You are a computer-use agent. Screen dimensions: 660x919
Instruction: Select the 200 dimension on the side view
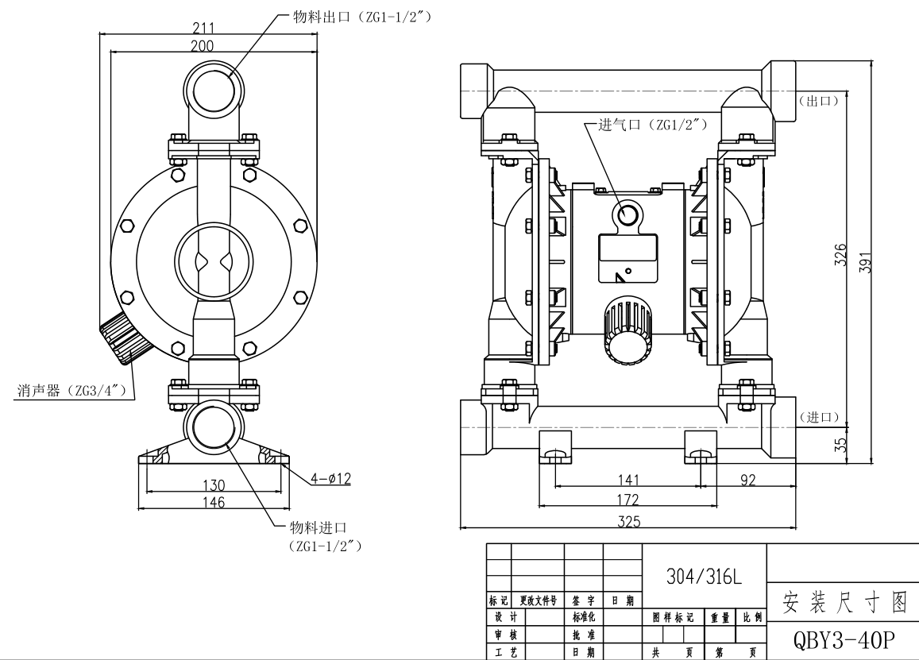coord(202,46)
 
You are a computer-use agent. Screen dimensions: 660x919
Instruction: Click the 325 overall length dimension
coord(628,521)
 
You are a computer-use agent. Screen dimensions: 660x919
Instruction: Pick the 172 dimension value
coord(627,500)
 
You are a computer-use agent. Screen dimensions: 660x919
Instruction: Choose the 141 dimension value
coord(627,479)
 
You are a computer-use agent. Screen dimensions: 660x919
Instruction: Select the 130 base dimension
coord(214,484)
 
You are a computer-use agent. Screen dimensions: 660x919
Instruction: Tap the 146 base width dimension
coord(214,502)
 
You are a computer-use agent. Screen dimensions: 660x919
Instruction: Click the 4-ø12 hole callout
coord(330,479)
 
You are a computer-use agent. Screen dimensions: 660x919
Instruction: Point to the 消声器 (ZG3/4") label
coord(70,391)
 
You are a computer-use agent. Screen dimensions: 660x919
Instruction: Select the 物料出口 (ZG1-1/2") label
coord(362,16)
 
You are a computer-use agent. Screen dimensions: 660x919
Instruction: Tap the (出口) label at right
coord(818,101)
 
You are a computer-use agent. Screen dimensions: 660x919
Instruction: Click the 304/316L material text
coord(703,577)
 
